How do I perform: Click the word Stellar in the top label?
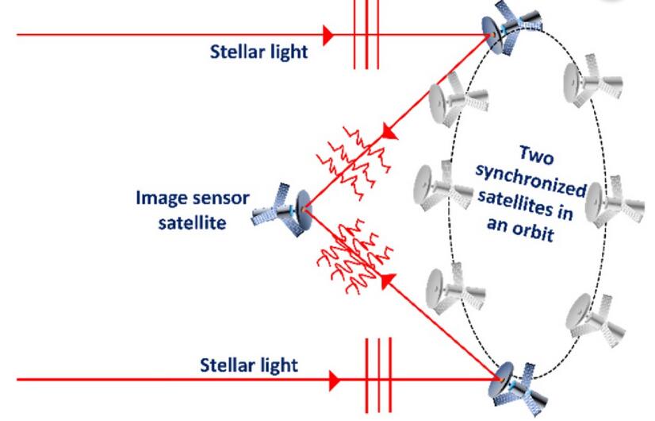point(237,52)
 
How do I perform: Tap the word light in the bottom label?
point(278,365)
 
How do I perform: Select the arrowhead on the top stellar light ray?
point(329,35)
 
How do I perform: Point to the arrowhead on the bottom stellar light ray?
point(335,380)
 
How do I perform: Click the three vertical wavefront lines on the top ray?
point(366,34)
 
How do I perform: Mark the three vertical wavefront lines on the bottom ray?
point(378,376)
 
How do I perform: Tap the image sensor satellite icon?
point(282,209)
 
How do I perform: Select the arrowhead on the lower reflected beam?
point(388,281)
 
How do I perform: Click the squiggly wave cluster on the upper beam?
point(354,162)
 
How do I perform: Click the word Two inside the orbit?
point(536,156)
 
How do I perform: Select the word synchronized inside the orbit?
point(531,181)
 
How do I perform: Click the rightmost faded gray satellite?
point(614,204)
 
